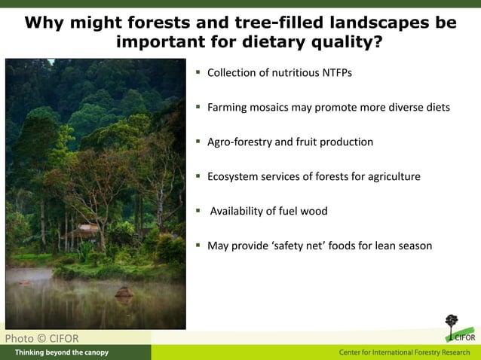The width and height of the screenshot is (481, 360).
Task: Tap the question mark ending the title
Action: pos(377,41)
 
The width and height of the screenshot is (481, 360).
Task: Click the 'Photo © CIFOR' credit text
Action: pos(41,338)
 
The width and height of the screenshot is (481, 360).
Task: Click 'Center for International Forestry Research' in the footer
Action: pos(405,352)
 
